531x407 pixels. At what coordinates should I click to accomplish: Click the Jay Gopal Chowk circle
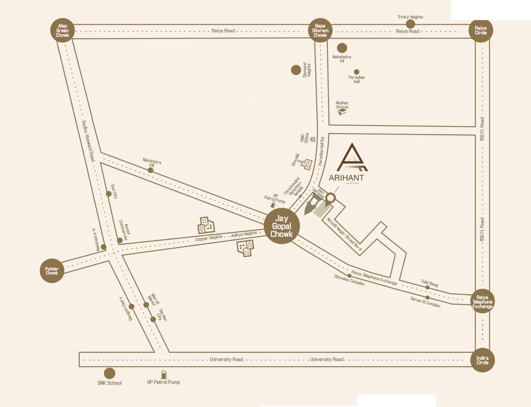tap(282, 226)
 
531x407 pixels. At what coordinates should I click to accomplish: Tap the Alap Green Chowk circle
tap(63, 30)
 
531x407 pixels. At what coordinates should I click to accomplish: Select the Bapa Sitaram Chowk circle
tap(320, 30)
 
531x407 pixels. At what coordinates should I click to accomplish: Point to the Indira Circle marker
tap(482, 360)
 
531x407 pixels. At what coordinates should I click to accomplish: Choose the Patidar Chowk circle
tap(52, 270)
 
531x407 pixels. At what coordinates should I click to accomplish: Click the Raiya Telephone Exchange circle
tap(482, 301)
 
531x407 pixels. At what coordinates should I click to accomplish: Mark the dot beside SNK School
tap(109, 374)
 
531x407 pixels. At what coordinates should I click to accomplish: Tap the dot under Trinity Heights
tap(410, 24)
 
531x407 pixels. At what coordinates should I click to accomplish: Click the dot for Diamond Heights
tap(296, 69)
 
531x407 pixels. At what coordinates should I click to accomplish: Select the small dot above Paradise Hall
tap(356, 72)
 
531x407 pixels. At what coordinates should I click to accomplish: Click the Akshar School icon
tap(343, 110)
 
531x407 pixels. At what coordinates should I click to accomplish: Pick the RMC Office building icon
tap(313, 139)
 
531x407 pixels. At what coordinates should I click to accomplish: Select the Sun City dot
tap(109, 194)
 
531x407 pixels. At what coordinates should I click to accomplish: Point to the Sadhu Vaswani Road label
tap(88, 140)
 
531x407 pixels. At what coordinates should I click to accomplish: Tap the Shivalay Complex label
tap(350, 280)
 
